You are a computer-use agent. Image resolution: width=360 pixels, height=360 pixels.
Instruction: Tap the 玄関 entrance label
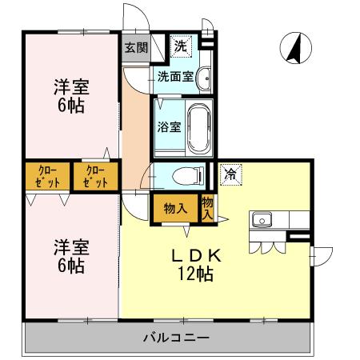pos(135,47)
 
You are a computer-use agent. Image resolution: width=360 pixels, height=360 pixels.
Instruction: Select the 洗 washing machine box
pos(182,46)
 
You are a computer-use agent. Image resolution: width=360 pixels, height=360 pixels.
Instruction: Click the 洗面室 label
pos(174,78)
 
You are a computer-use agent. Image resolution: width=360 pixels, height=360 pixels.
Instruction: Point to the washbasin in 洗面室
pos(204,78)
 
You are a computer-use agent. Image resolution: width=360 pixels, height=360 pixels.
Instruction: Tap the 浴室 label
pos(170,126)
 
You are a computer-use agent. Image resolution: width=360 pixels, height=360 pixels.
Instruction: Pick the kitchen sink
pos(262,219)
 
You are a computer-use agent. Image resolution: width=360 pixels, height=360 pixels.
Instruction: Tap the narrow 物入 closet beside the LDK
pos(208,207)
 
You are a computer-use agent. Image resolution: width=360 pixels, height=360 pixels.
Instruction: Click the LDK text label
pos(199,256)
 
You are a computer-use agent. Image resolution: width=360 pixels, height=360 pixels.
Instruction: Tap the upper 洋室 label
pos(70,86)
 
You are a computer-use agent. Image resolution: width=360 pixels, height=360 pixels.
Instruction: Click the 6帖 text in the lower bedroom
pos(70,266)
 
